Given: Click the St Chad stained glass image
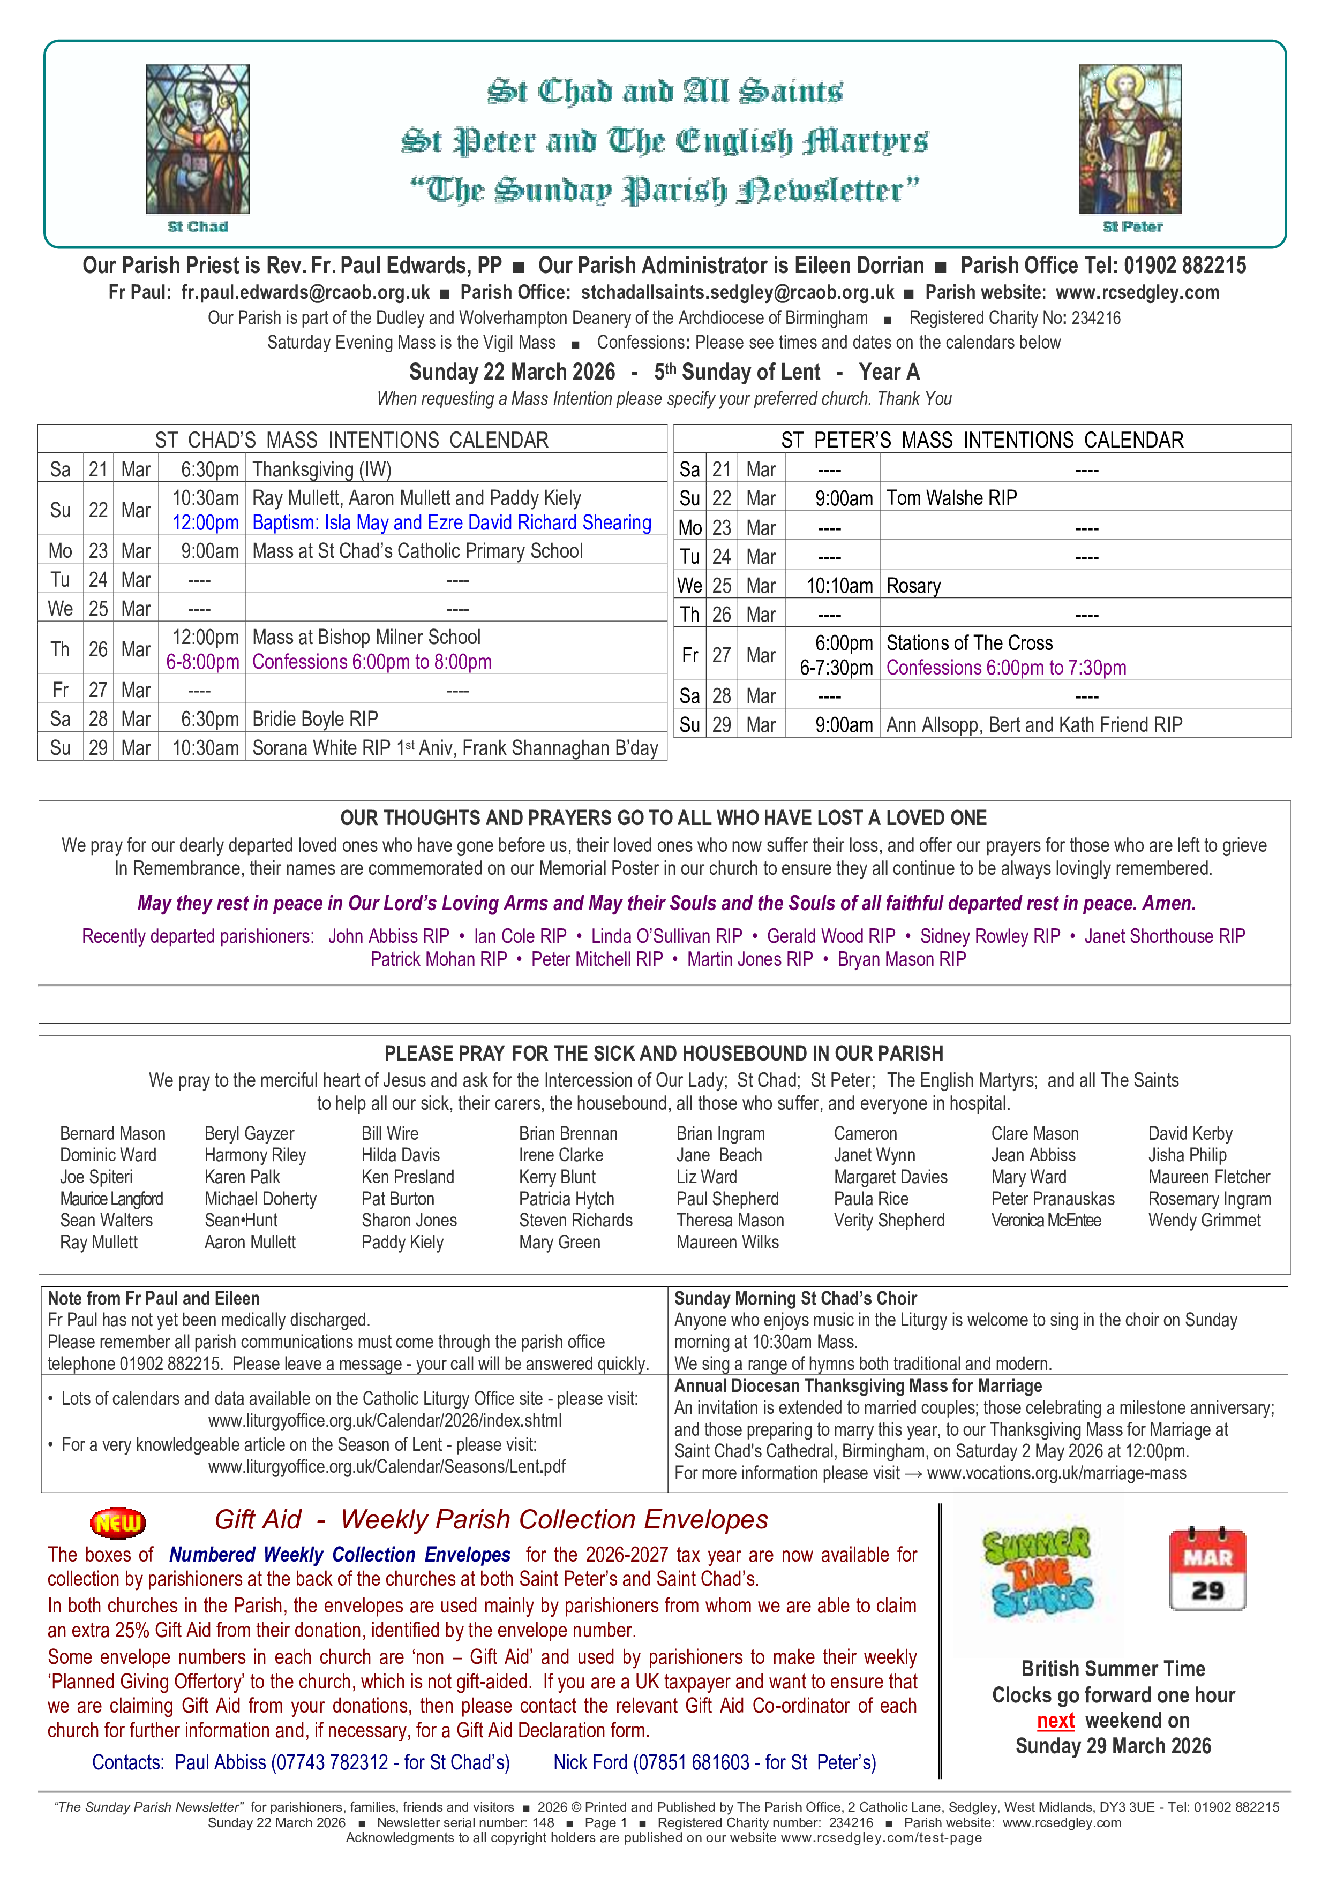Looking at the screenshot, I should click(x=197, y=139).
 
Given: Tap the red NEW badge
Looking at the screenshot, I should click(x=118, y=1522).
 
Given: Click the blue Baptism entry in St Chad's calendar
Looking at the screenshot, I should click(x=452, y=522).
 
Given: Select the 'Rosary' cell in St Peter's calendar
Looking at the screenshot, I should click(x=913, y=586).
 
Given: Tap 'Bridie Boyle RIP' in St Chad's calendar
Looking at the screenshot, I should click(x=315, y=719).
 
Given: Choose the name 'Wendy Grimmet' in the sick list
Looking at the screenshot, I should click(x=1204, y=1221).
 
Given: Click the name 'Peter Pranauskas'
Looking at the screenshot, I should click(x=1053, y=1199).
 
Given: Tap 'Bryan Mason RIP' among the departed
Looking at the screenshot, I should click(x=901, y=959).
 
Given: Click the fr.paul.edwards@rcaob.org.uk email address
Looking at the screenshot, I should click(x=305, y=293).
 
